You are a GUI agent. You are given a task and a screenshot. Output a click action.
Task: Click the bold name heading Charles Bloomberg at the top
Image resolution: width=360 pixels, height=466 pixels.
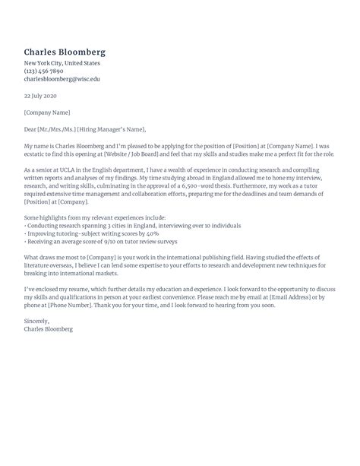point(65,52)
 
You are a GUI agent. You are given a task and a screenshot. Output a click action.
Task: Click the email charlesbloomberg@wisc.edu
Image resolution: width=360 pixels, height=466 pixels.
point(62,79)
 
